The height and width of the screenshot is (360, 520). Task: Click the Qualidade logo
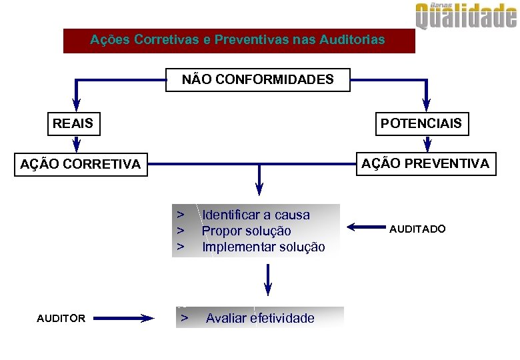tap(466, 16)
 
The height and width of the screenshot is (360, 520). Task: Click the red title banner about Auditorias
tap(238, 40)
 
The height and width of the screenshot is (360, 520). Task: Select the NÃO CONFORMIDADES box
tap(258, 80)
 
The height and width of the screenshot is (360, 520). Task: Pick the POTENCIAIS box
tap(421, 123)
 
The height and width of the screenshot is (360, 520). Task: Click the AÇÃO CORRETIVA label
tap(81, 164)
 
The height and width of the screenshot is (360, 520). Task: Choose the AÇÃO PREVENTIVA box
tap(425, 163)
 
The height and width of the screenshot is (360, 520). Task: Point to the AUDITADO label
tap(417, 229)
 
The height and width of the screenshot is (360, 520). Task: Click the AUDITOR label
tap(61, 319)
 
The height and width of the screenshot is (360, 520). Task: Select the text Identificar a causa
tap(256, 215)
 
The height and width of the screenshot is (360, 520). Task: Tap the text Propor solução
tap(247, 231)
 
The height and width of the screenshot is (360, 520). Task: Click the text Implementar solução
tap(263, 247)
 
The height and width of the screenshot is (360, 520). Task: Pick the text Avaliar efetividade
tap(260, 318)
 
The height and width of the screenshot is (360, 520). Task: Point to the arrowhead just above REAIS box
tap(76, 105)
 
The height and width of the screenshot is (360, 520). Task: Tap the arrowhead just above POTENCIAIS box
tap(427, 105)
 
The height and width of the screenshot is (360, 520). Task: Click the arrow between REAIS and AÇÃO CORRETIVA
tap(76, 144)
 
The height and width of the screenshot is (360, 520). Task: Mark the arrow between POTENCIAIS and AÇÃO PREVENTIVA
tap(427, 143)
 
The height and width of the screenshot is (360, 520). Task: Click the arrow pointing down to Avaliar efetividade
tap(268, 280)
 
